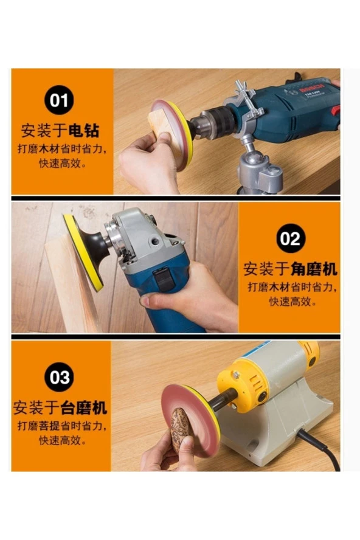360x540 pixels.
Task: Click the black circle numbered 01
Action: (59, 100)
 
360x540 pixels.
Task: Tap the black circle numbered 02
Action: (291, 238)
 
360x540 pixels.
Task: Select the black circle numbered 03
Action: (59, 377)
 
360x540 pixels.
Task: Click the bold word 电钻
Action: (84, 131)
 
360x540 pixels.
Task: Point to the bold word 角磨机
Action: (314, 269)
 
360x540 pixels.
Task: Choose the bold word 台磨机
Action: (84, 408)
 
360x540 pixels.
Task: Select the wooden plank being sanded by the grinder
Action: (69, 286)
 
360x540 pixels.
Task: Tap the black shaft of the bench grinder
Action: (221, 400)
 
